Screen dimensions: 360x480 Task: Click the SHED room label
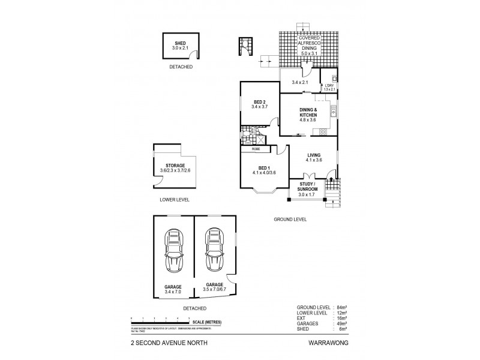coord(179,43)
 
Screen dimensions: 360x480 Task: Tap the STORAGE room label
coord(175,165)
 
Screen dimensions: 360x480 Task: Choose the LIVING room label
coord(314,154)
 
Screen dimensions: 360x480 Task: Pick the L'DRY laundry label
coord(328,86)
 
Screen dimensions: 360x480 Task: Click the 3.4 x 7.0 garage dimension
coord(173,291)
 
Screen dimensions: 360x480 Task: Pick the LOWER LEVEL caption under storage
coord(175,199)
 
